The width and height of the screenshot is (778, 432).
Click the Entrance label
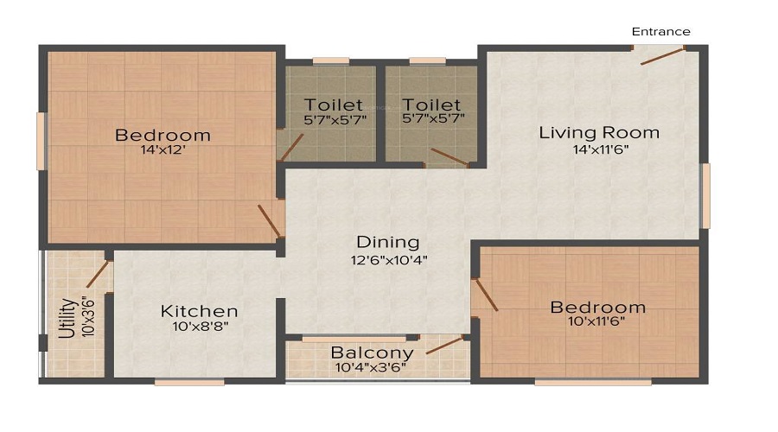pos(660,32)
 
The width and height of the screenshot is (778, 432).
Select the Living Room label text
pos(599,133)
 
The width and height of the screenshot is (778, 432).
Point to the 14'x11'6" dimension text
pos(599,150)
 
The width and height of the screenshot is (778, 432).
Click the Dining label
pos(388,243)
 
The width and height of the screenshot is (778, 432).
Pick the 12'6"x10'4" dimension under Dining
pos(388,259)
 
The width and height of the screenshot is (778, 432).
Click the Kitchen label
pos(200,311)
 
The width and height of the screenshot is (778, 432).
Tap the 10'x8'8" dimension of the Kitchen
pos(200,327)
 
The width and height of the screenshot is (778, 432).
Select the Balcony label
pos(372,353)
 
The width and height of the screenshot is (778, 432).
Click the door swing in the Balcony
pos(445,346)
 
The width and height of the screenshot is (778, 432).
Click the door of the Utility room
pos(97,273)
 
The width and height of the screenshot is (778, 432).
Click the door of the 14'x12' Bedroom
pos(269,220)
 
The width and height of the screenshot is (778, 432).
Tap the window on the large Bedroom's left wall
pos(41,142)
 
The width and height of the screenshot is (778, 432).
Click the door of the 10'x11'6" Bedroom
pos(486,294)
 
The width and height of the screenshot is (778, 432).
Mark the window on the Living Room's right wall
pos(705,195)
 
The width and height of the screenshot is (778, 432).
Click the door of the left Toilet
pos(290,148)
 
